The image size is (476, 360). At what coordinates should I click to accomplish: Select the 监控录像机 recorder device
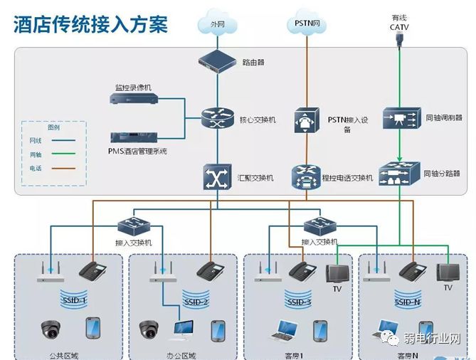(x=134, y=100)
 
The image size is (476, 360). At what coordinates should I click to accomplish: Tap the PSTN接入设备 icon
(x=306, y=120)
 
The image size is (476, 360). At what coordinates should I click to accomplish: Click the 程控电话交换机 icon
(x=306, y=176)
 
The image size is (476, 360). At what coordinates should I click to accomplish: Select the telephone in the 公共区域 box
(x=93, y=270)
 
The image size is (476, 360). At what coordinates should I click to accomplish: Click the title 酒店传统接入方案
(x=90, y=24)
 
